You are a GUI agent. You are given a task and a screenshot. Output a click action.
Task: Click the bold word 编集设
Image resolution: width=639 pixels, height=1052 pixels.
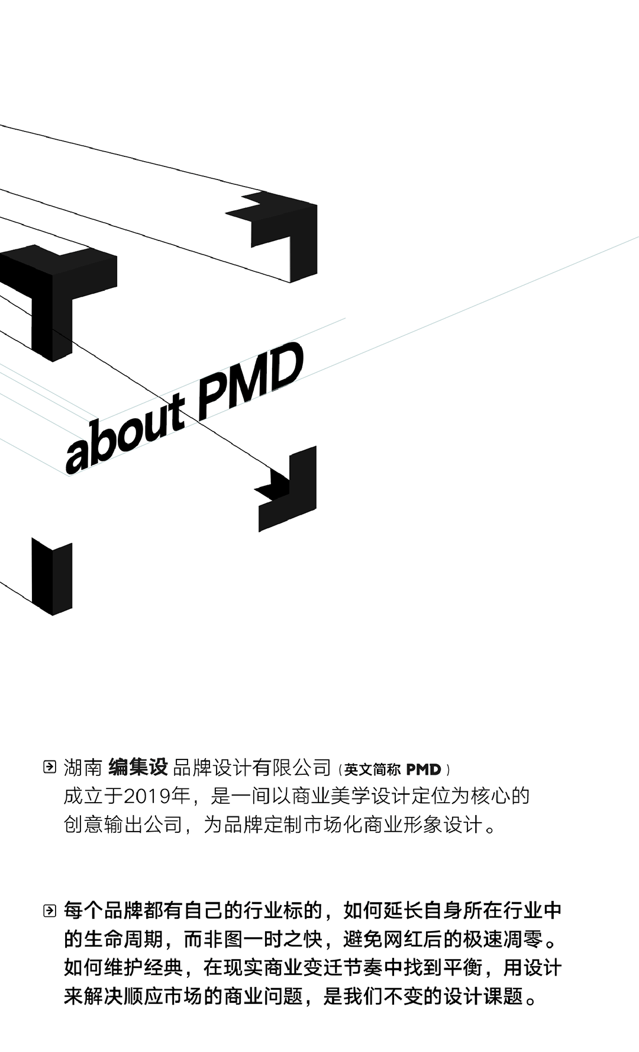138,768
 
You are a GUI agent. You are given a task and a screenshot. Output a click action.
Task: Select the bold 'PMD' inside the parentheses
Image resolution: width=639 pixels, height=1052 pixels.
424,769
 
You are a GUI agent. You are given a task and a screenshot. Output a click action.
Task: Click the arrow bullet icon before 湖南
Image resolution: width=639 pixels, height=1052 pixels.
50,767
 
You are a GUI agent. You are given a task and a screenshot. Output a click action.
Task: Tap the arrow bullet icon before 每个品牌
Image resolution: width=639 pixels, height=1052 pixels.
50,910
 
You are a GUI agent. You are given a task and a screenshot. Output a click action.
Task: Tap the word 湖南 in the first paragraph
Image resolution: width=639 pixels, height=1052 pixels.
83,768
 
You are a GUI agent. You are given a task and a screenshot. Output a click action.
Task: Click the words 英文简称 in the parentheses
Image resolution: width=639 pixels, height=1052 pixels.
373,769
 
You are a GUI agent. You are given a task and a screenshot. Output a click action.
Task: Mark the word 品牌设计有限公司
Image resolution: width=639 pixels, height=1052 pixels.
252,768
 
